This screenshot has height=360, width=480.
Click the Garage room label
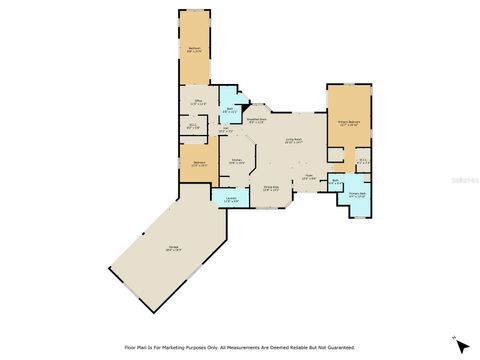173,247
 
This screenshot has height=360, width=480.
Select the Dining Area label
270,186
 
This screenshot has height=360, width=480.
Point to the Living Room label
292,140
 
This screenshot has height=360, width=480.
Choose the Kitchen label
238,160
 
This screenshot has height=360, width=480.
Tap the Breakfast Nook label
255,120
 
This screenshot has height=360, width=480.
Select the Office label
199,100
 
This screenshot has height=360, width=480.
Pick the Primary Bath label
357,193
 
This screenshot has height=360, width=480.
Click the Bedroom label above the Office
195,48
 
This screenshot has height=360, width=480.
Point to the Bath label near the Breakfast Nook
229,109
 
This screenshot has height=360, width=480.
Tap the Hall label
224,128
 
